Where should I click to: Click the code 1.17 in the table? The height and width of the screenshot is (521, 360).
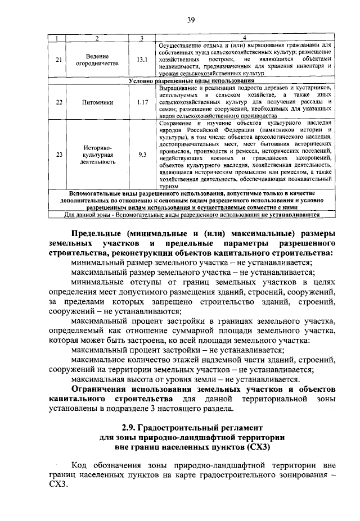click(x=141, y=102)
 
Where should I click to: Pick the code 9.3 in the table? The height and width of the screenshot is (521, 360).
click(x=141, y=154)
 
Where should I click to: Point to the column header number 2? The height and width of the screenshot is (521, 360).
click(x=97, y=38)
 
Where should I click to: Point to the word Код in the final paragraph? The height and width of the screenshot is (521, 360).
click(x=80, y=466)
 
